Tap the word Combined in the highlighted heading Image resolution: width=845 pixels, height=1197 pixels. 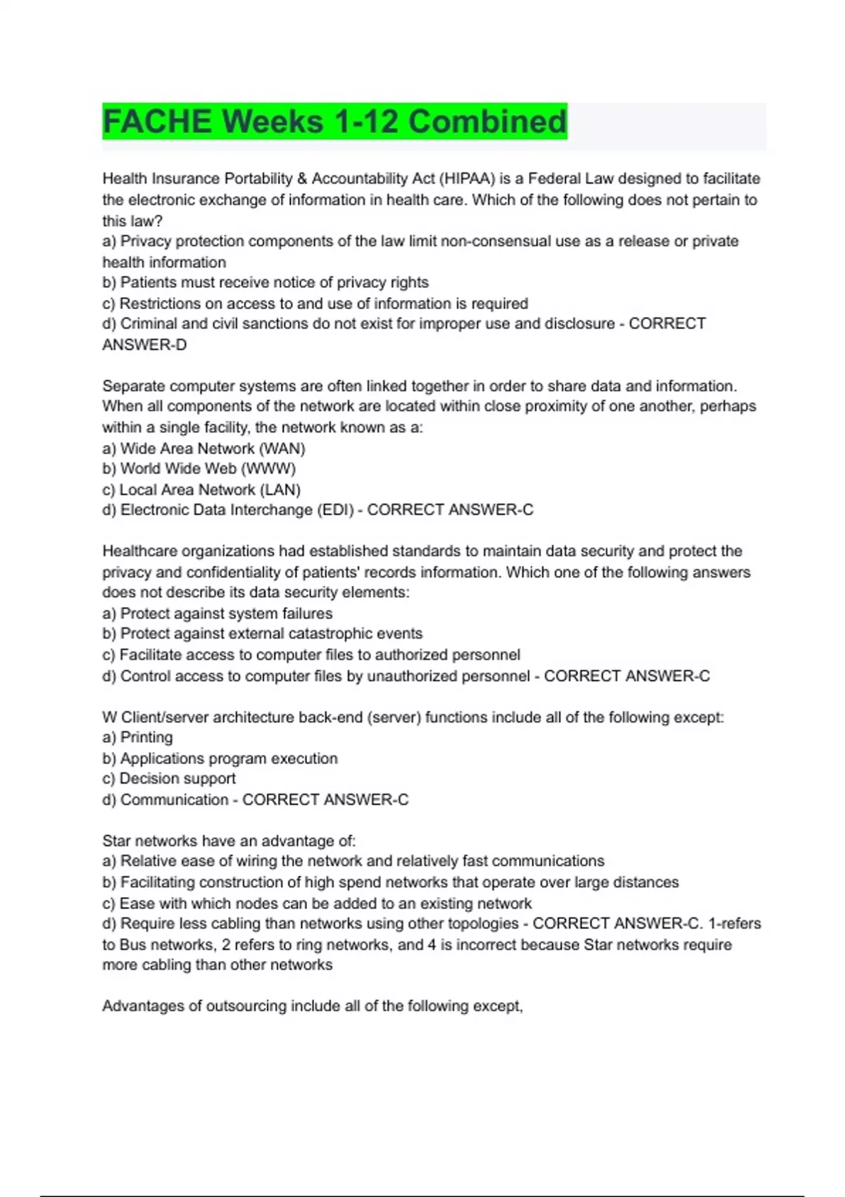click(487, 121)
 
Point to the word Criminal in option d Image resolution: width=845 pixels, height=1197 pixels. click(149, 324)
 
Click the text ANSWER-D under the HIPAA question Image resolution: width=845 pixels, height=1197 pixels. click(144, 345)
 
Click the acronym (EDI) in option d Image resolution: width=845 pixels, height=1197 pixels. click(335, 510)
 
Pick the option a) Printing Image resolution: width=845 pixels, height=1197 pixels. click(137, 737)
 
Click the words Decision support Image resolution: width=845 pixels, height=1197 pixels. click(177, 779)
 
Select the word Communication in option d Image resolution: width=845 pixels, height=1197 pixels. click(174, 800)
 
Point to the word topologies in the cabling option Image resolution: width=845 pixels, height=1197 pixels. click(483, 924)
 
